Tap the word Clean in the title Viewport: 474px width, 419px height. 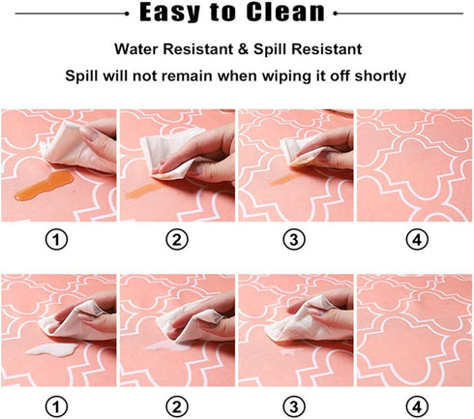285,12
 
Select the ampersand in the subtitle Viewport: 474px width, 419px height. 243,49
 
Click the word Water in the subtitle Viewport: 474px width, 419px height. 136,49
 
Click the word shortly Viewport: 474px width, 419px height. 380,76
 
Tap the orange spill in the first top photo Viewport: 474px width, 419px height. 44,185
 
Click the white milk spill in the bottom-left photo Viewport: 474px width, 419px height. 52,349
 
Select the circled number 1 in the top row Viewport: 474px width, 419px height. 56,240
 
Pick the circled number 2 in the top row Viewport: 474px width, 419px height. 177,240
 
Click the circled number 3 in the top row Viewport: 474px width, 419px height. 294,240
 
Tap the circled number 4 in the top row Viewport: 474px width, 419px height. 417,240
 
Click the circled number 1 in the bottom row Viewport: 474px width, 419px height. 56,406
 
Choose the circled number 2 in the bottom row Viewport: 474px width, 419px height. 177,406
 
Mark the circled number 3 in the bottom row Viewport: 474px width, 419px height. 294,406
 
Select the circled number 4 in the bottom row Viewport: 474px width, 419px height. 417,406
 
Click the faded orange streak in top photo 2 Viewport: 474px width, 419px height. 144,191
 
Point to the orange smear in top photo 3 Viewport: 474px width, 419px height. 284,179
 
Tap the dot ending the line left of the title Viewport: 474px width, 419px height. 127,14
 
